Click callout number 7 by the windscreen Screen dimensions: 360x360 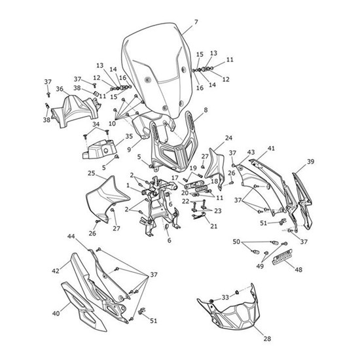[196, 22]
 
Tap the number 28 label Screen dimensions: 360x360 [267, 338]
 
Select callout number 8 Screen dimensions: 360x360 [206, 110]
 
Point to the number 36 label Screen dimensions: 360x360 [60, 89]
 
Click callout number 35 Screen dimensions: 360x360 [129, 136]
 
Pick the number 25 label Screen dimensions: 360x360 [92, 173]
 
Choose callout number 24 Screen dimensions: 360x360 [228, 137]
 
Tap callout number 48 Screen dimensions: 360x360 [298, 269]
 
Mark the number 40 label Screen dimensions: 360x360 [56, 313]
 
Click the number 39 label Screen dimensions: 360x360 [310, 162]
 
